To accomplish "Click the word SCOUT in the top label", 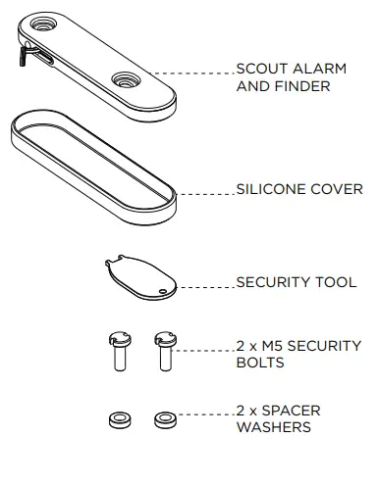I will [259, 69].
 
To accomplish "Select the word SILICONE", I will [271, 189].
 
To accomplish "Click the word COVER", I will [337, 189].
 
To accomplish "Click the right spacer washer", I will [164, 420].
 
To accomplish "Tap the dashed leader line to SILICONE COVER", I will [205, 194].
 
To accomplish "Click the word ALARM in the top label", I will [307, 69].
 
